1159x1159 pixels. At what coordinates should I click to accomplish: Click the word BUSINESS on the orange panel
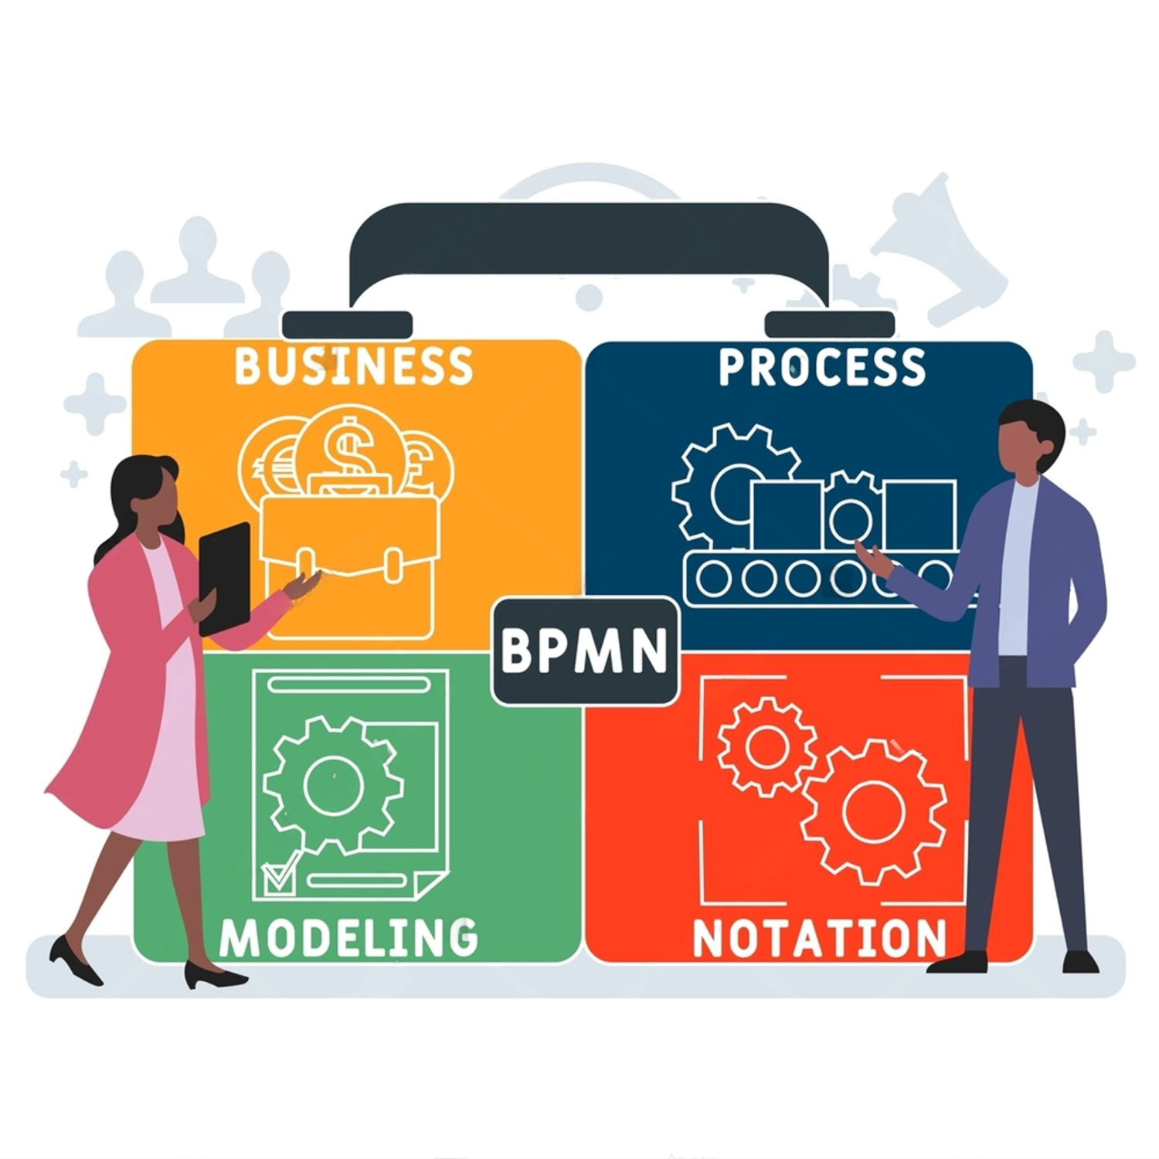[354, 365]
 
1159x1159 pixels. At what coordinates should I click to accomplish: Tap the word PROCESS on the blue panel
[822, 367]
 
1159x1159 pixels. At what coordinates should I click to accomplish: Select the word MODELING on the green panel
[348, 937]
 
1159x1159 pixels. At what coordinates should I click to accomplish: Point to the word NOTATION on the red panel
[819, 938]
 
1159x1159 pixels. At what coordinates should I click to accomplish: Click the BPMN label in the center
[585, 651]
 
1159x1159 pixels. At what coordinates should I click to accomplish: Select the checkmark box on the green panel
[277, 876]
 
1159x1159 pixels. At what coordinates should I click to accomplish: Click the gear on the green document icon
[334, 784]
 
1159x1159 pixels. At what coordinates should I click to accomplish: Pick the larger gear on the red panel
[873, 811]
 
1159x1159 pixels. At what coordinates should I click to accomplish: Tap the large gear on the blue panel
[730, 483]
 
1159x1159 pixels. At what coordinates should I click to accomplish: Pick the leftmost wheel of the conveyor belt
[712, 577]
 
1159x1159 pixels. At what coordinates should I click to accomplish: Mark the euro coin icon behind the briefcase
[267, 464]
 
